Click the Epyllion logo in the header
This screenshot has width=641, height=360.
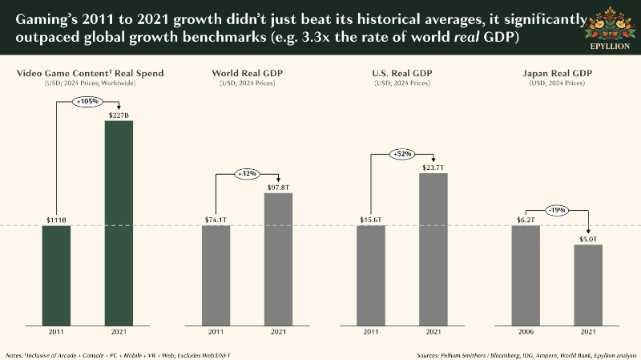[610, 28]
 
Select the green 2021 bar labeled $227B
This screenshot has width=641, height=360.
[119, 223]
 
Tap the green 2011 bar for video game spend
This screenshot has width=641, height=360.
[56, 275]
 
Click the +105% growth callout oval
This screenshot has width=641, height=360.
[87, 101]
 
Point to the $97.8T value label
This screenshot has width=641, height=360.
[278, 188]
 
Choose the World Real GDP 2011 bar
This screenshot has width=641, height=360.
[216, 275]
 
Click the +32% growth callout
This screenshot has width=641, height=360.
[248, 174]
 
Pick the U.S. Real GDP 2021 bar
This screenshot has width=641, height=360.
[433, 249]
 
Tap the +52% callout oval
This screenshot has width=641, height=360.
[402, 154]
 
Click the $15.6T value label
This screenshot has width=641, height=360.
[371, 220]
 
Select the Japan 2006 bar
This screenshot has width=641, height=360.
[526, 275]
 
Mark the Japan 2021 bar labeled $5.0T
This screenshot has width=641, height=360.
[588, 285]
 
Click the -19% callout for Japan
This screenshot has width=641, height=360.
[557, 210]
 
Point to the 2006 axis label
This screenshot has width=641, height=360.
[526, 332]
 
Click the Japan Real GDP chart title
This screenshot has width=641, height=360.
[557, 73]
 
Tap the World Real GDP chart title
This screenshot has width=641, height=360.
[248, 73]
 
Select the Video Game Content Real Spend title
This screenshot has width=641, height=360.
[90, 73]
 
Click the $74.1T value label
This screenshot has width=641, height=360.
[216, 220]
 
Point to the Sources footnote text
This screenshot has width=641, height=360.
[526, 355]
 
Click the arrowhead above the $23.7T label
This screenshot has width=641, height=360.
[433, 160]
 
